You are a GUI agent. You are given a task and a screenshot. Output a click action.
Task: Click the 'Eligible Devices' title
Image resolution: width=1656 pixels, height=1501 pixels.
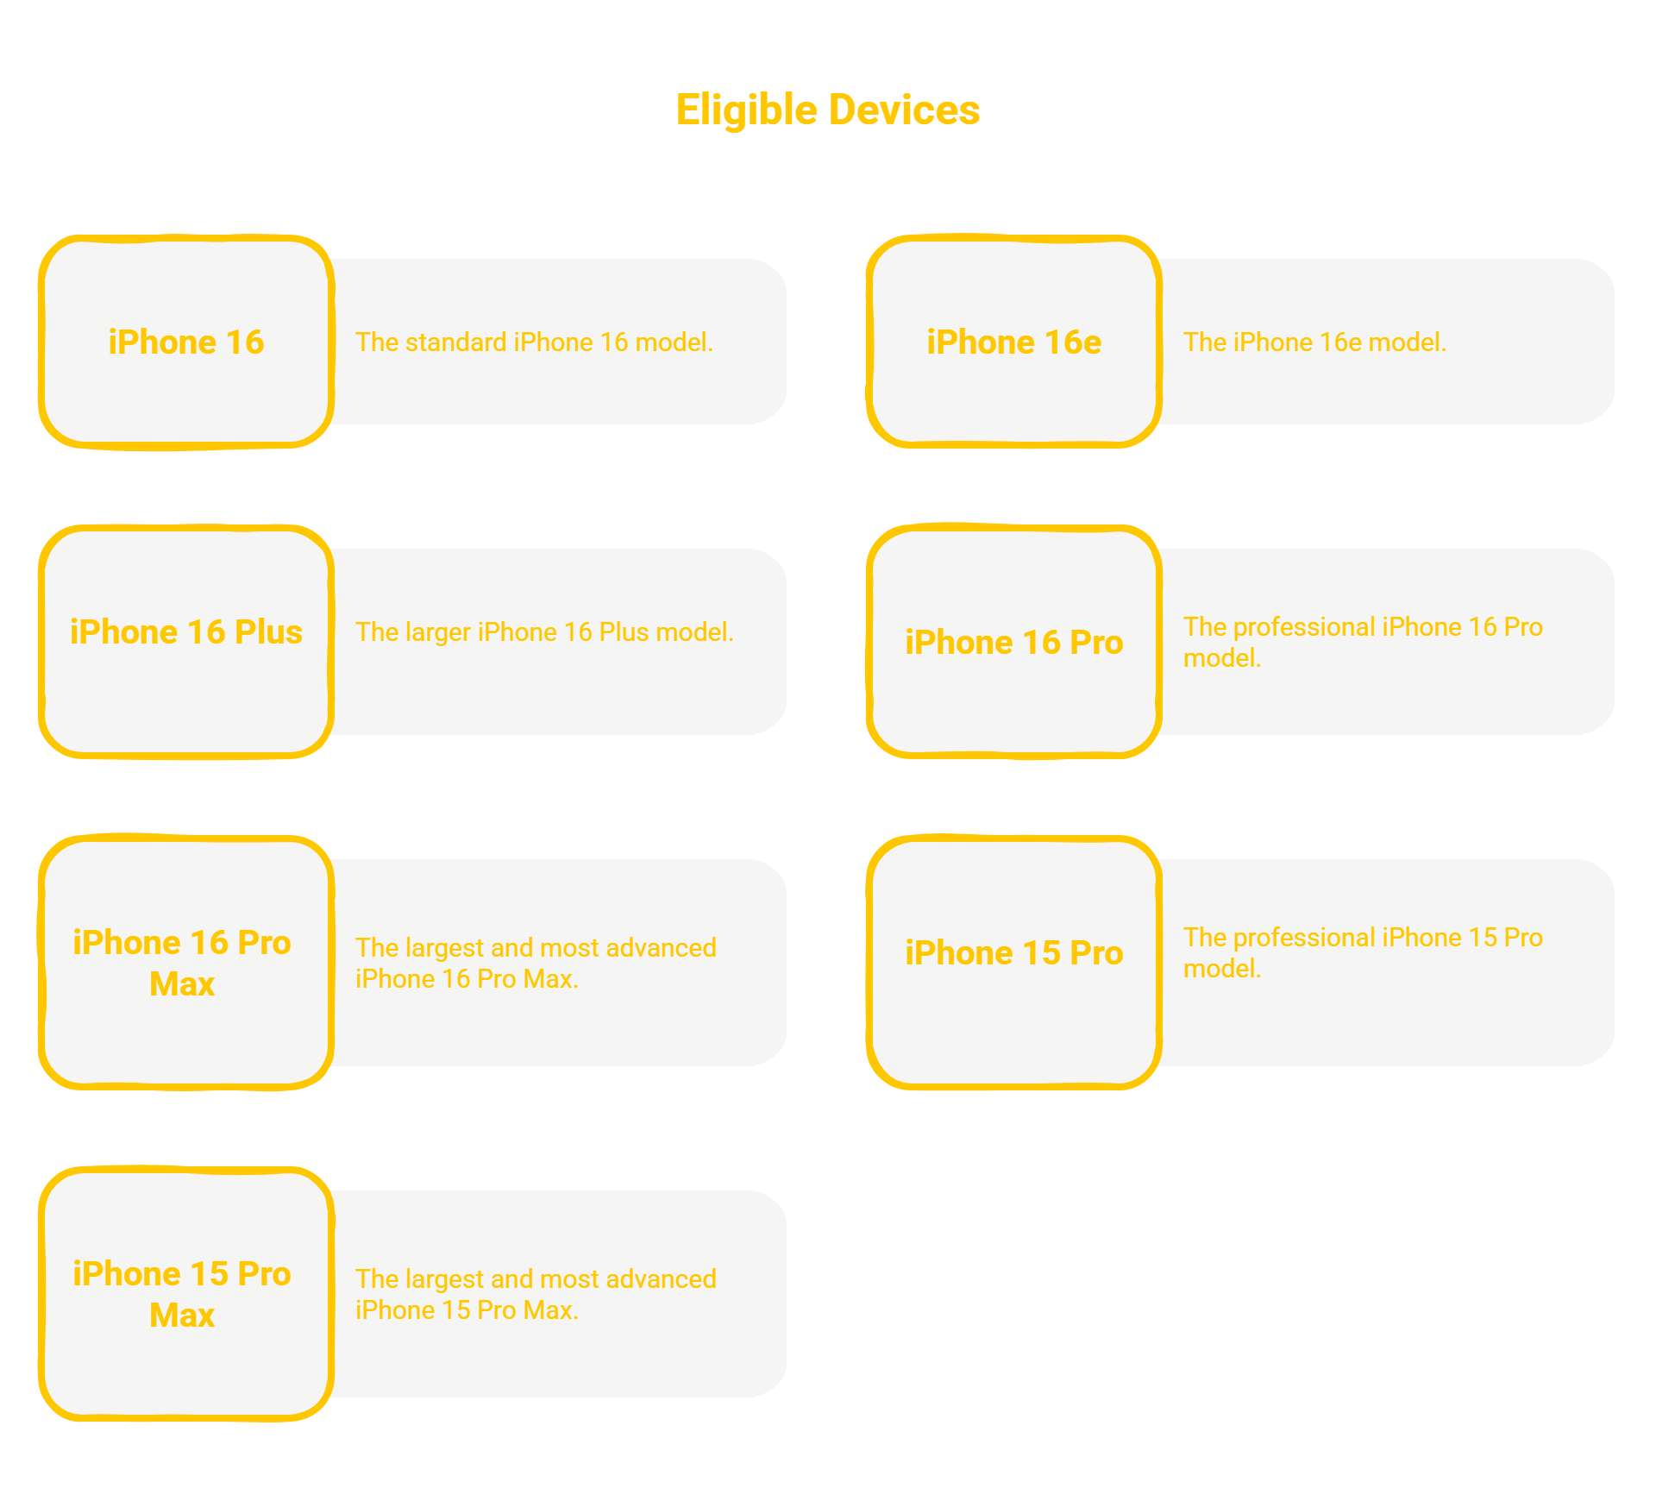(828, 110)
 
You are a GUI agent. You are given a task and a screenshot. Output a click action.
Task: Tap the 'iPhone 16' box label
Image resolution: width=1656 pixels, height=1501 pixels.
(186, 342)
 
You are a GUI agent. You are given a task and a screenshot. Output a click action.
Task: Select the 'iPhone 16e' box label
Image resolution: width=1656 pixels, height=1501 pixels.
(1014, 342)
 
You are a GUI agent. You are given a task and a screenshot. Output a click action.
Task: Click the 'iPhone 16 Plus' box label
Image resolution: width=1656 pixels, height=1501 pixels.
(186, 632)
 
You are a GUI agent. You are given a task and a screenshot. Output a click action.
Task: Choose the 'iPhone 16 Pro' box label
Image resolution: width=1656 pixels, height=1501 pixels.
(1014, 643)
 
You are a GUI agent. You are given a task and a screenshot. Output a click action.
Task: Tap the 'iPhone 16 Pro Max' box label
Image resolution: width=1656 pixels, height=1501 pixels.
(182, 964)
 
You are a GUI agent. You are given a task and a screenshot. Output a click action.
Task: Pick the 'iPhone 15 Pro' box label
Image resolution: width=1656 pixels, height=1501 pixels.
(1014, 953)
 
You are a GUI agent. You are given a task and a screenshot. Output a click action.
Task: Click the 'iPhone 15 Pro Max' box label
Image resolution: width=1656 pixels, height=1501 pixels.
(182, 1295)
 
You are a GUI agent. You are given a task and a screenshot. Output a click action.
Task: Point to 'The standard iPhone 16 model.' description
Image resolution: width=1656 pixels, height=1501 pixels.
(535, 342)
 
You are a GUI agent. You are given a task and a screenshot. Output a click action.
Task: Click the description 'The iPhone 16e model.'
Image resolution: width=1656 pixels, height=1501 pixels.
(1314, 342)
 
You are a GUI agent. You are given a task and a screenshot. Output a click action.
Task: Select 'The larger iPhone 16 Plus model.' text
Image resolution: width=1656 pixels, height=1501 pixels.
(544, 632)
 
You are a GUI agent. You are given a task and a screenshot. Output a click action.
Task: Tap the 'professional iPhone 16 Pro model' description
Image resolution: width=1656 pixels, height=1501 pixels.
(1363, 643)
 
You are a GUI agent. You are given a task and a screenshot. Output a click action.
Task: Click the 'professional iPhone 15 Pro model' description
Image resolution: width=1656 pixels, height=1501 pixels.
(1363, 953)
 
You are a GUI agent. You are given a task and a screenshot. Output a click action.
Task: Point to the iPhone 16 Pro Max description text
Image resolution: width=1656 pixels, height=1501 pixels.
(536, 964)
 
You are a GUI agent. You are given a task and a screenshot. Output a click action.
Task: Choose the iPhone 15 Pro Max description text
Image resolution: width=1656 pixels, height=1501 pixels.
(536, 1295)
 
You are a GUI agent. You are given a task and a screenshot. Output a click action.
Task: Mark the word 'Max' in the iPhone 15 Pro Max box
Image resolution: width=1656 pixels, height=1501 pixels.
(182, 1316)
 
